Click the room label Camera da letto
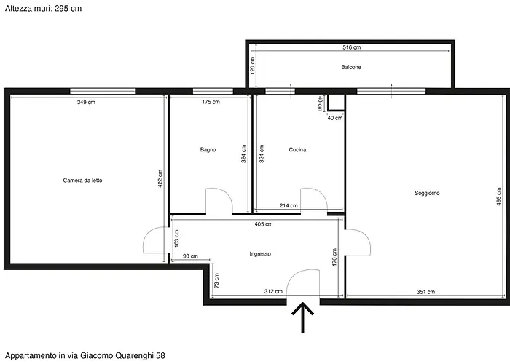pyautogui.click(x=82, y=181)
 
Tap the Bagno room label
pyautogui.click(x=208, y=150)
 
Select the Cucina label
pyautogui.click(x=297, y=150)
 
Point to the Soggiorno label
pyautogui.click(x=427, y=193)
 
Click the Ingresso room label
pyautogui.click(x=260, y=254)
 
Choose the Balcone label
pyautogui.click(x=351, y=67)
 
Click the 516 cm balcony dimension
pyautogui.click(x=351, y=47)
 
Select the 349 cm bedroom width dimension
pyautogui.click(x=86, y=103)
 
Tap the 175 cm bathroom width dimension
pyautogui.click(x=211, y=103)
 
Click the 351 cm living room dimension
pyautogui.click(x=425, y=292)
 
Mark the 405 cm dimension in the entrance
pyautogui.click(x=264, y=225)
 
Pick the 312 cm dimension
pyautogui.click(x=273, y=292)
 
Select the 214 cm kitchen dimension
pyautogui.click(x=289, y=206)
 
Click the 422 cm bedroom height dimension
pyautogui.click(x=160, y=178)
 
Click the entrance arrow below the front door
pyautogui.click(x=303, y=318)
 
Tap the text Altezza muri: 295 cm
pyautogui.click(x=43, y=8)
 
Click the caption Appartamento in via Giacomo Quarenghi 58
pyautogui.click(x=85, y=355)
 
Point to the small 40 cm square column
pyautogui.click(x=334, y=102)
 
